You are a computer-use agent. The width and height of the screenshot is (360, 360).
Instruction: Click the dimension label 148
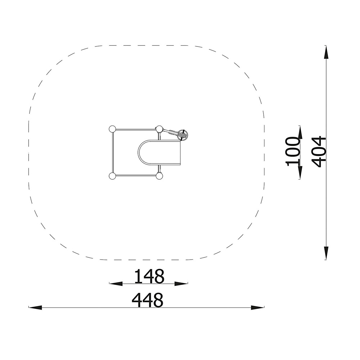(x=149, y=276)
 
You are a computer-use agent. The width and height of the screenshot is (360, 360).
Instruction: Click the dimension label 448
(x=148, y=300)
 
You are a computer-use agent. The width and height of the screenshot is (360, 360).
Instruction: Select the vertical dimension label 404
(x=319, y=152)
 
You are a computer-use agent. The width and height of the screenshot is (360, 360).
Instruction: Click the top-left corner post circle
(x=112, y=129)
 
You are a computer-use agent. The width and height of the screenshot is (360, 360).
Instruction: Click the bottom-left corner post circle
(x=112, y=176)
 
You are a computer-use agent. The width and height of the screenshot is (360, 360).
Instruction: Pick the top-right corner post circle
(x=159, y=129)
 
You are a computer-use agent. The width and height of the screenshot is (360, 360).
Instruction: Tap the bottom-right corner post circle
(x=159, y=176)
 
